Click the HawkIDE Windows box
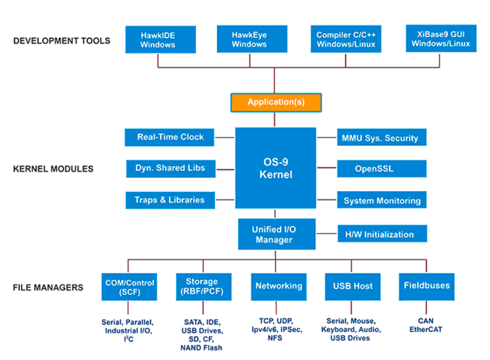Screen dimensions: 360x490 [157, 39]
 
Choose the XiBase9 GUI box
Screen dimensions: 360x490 [440, 39]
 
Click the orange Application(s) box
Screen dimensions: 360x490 [276, 102]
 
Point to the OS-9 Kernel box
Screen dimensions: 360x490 [276, 167]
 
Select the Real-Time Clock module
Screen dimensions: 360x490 [170, 137]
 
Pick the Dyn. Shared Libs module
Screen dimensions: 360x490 [170, 168]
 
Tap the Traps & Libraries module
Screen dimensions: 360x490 [170, 200]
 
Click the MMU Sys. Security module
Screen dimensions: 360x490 [381, 138]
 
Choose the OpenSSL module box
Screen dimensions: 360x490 [381, 169]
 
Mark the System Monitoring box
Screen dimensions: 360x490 [381, 201]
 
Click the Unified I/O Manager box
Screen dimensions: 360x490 [276, 234]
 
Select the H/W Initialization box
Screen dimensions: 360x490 [381, 235]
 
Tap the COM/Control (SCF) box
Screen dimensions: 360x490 [129, 286]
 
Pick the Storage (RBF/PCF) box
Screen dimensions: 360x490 [202, 286]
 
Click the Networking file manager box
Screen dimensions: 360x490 [279, 286]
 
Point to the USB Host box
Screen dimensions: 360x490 [353, 286]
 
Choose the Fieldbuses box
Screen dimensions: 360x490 [426, 286]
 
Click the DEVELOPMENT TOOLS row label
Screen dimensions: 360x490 [62, 41]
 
